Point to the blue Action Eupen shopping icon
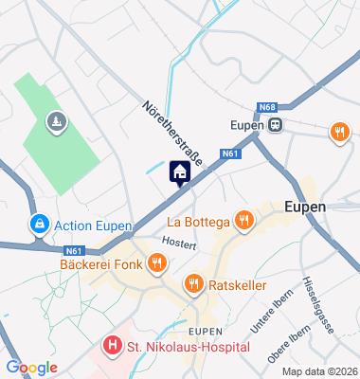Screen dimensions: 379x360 click(x=40, y=225)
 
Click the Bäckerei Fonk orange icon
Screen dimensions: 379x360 click(x=152, y=264)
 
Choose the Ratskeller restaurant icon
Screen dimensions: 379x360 click(x=194, y=282)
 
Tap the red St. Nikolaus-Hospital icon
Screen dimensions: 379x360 click(x=112, y=346)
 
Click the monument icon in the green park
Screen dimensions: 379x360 click(x=58, y=122)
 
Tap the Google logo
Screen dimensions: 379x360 click(x=31, y=368)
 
